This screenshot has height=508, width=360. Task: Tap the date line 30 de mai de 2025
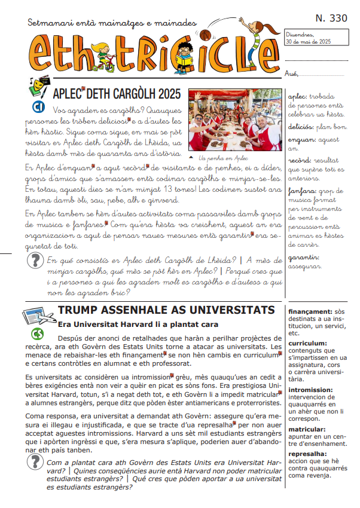click(x=309, y=42)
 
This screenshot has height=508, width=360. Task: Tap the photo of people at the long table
click(x=235, y=121)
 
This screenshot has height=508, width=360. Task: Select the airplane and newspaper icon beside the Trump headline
click(x=38, y=316)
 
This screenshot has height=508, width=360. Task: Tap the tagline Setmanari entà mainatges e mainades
click(x=112, y=23)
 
